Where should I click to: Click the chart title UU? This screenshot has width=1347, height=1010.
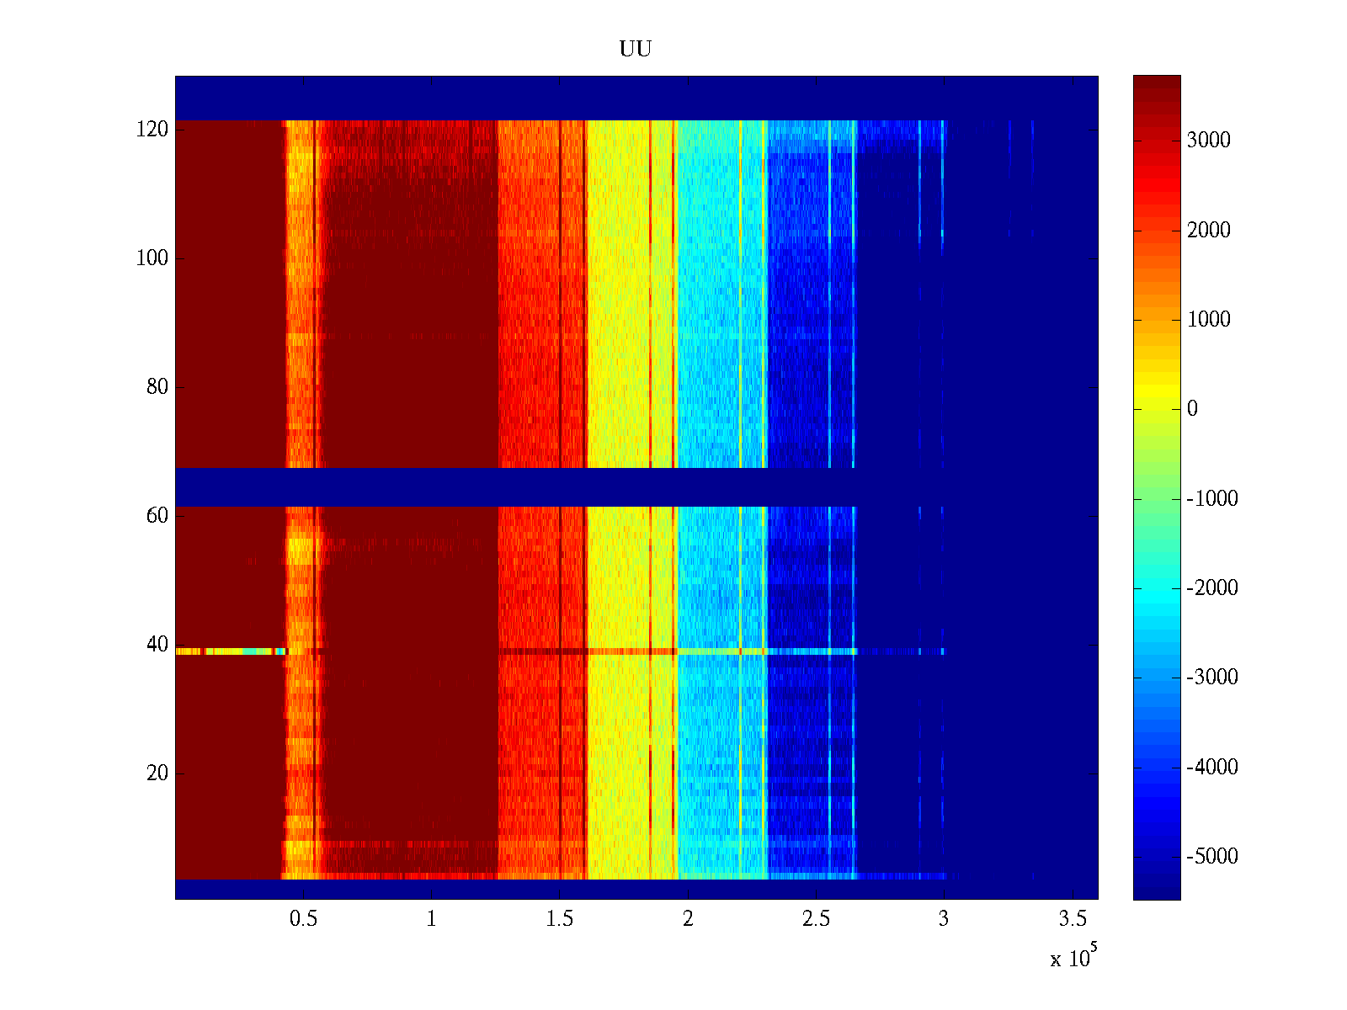pyautogui.click(x=636, y=50)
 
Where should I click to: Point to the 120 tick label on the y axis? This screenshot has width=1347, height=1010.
pyautogui.click(x=152, y=130)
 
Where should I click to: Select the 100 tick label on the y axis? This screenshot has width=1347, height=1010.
pyautogui.click(x=152, y=258)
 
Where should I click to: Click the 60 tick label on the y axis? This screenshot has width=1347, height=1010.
pyautogui.click(x=157, y=516)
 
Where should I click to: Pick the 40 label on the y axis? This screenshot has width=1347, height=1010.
pyautogui.click(x=157, y=645)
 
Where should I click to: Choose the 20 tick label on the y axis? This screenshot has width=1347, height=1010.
pyautogui.click(x=157, y=773)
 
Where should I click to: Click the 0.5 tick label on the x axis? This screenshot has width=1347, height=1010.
pyautogui.click(x=303, y=919)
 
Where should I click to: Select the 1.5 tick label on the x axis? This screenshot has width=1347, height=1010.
pyautogui.click(x=560, y=919)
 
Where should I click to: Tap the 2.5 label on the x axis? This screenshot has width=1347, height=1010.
pyautogui.click(x=816, y=919)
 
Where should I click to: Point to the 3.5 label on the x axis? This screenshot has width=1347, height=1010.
pyautogui.click(x=1073, y=919)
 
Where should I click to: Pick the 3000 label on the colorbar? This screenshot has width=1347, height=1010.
pyautogui.click(x=1208, y=141)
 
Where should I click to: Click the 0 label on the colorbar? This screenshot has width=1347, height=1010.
pyautogui.click(x=1192, y=409)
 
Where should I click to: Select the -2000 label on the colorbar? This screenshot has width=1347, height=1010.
pyautogui.click(x=1211, y=588)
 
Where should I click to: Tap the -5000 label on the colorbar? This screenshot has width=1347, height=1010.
pyautogui.click(x=1211, y=857)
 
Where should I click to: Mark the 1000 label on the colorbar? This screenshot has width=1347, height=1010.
pyautogui.click(x=1208, y=320)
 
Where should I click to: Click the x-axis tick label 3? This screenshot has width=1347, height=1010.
pyautogui.click(x=944, y=919)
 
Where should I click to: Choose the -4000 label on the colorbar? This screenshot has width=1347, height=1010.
pyautogui.click(x=1211, y=768)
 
